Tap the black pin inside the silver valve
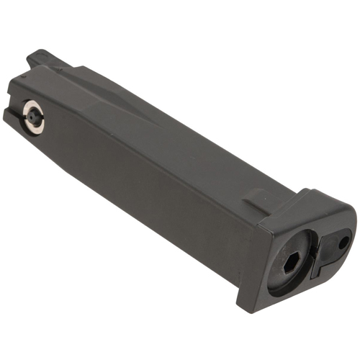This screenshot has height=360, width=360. pos(32,115)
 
